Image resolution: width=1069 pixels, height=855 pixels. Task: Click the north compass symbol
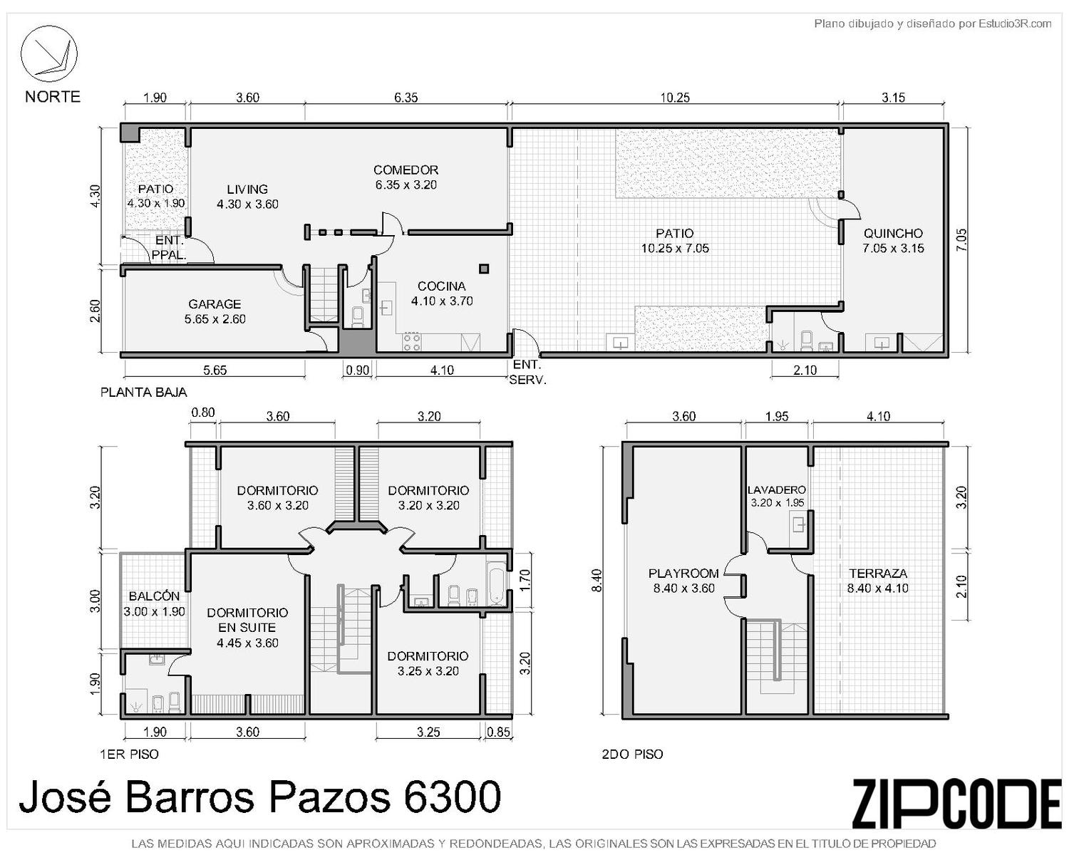48,53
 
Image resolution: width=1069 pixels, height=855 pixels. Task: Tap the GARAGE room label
215,304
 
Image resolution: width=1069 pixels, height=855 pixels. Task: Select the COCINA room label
442,286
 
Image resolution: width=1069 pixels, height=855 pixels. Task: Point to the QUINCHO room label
893,233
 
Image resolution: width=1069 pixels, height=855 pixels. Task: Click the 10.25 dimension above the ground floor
675,98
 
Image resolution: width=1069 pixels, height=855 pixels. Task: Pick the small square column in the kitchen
483,269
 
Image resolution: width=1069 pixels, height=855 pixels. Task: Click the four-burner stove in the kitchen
413,342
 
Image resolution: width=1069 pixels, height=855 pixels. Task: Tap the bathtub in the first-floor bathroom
497,584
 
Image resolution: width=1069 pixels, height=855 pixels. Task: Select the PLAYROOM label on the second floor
683,573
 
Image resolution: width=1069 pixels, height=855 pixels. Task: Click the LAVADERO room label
776,490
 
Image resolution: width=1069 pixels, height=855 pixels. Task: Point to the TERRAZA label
878,573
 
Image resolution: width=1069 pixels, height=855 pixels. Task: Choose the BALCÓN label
154,596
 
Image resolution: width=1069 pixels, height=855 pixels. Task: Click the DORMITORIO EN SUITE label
247,619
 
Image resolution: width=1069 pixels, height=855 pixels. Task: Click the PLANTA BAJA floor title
143,392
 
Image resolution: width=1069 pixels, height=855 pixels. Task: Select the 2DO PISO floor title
632,754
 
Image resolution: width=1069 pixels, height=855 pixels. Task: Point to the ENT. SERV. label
527,372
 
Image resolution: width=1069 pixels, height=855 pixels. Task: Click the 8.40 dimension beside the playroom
597,580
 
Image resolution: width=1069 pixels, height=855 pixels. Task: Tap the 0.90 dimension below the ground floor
358,370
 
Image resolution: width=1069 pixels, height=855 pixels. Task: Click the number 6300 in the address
452,797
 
